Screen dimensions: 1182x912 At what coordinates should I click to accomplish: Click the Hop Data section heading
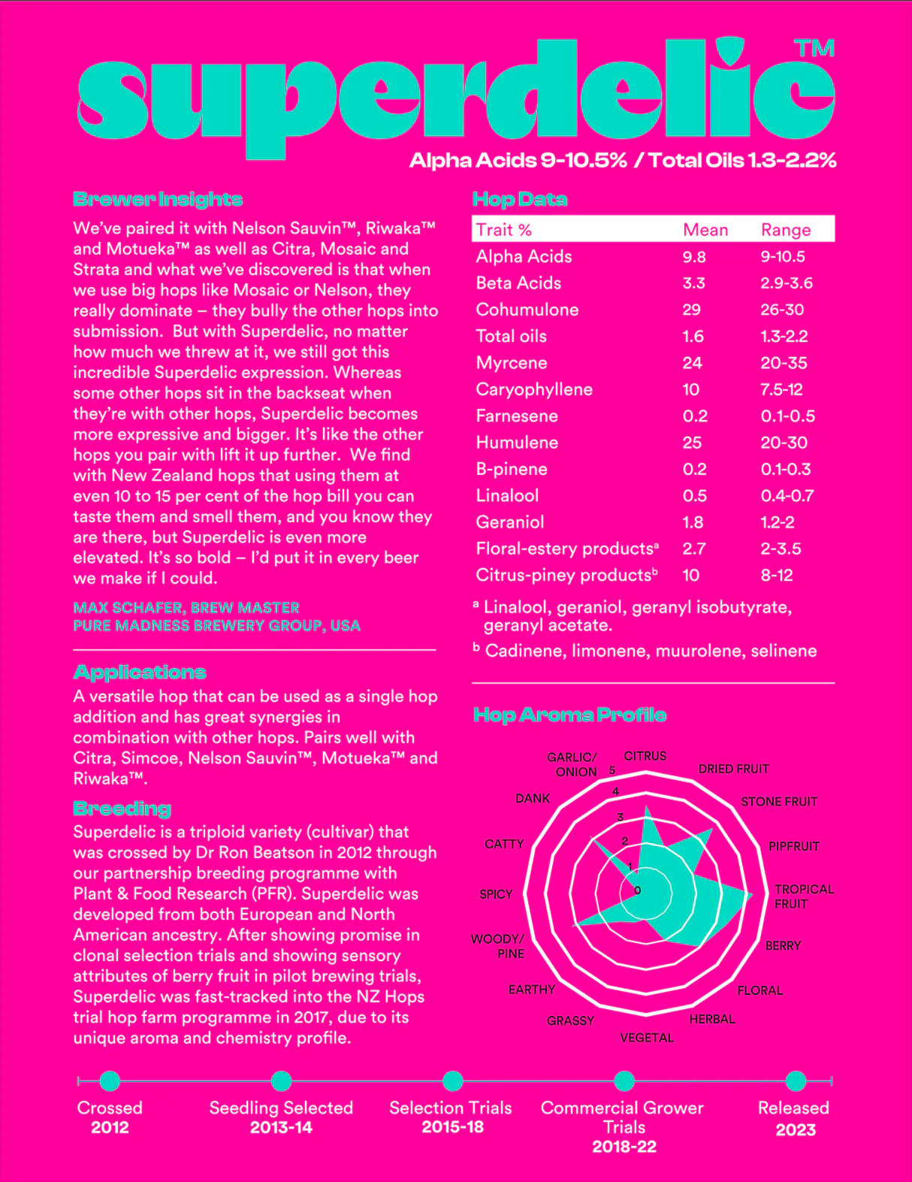(x=519, y=200)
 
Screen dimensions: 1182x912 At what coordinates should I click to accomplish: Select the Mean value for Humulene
(x=692, y=443)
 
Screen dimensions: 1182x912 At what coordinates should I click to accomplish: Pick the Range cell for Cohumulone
(x=782, y=310)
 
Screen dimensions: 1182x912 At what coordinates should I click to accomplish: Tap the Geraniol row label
(x=509, y=522)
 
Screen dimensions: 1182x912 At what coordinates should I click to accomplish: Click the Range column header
(x=785, y=230)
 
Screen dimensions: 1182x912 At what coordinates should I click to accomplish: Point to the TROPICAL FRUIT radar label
(x=803, y=896)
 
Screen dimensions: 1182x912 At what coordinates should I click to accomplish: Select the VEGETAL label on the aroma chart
(x=646, y=1038)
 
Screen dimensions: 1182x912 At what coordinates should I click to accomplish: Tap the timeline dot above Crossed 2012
(x=110, y=1081)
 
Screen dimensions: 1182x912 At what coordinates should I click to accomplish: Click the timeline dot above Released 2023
(x=795, y=1081)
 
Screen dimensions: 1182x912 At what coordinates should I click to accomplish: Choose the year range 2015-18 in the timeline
(x=452, y=1127)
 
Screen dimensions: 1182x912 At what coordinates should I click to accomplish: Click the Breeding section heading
(x=122, y=809)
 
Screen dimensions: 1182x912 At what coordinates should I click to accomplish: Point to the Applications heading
(x=140, y=672)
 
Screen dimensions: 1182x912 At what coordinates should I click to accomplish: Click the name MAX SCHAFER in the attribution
(x=128, y=607)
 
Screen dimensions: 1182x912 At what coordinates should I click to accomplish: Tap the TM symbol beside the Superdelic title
(x=814, y=49)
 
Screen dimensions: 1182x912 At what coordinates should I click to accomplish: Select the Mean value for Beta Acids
(x=693, y=283)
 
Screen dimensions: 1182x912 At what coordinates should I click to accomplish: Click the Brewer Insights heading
(x=158, y=200)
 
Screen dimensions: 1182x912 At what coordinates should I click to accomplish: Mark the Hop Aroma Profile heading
(x=569, y=715)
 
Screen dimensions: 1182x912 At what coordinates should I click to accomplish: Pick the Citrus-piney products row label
(x=566, y=576)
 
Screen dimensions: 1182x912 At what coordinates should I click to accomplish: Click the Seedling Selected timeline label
(x=281, y=1108)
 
